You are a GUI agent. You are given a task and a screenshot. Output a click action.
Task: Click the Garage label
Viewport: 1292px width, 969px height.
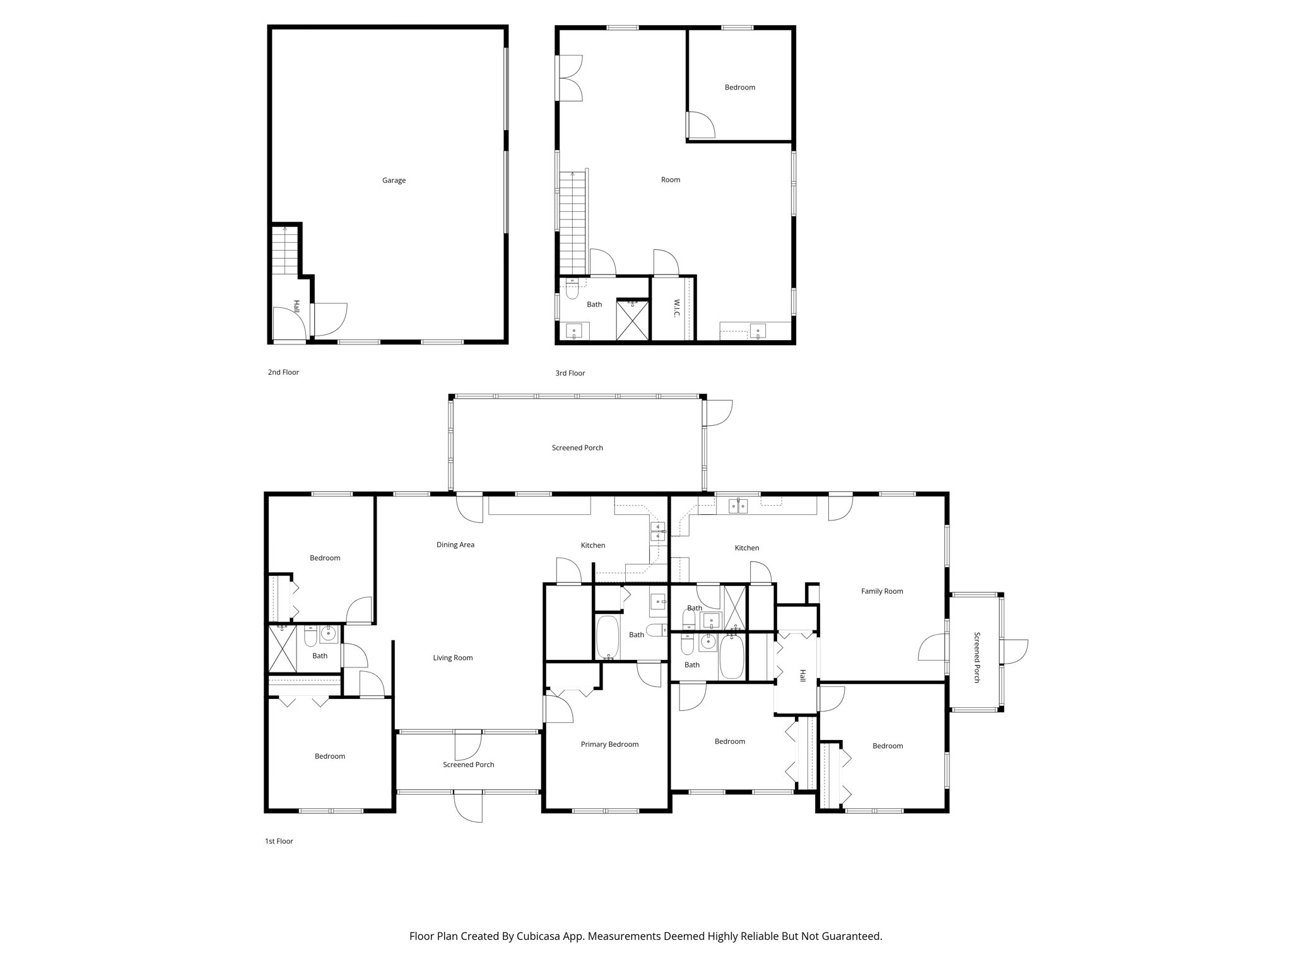(394, 180)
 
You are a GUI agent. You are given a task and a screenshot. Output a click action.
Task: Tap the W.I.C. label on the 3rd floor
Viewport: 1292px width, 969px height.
(676, 308)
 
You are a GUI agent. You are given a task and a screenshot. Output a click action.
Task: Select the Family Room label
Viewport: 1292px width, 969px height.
(882, 591)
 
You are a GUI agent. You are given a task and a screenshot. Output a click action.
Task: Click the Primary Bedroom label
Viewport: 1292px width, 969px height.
(609, 744)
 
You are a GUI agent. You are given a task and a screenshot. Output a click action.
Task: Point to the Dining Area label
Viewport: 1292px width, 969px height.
(455, 544)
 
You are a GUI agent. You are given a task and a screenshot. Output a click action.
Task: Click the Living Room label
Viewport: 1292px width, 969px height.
(452, 657)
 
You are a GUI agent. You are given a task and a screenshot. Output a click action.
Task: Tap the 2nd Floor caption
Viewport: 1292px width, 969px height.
(283, 372)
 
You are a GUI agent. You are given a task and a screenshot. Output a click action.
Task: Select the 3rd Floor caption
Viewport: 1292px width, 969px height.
(570, 373)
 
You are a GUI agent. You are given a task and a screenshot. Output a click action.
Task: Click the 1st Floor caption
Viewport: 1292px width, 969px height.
(279, 841)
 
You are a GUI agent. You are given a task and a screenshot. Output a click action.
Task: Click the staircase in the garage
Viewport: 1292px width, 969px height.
(285, 250)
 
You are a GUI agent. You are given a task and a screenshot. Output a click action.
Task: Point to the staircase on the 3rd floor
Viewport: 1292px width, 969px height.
(573, 221)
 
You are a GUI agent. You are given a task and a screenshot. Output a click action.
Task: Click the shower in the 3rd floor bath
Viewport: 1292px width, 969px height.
(632, 320)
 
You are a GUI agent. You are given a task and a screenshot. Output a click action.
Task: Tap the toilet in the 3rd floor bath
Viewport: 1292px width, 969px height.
(572, 290)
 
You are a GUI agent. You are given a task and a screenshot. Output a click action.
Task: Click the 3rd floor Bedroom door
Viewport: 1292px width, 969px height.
(700, 125)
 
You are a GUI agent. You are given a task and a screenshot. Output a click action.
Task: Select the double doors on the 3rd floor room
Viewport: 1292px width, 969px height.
(570, 78)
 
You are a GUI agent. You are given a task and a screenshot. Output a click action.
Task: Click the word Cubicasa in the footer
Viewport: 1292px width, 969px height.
(539, 936)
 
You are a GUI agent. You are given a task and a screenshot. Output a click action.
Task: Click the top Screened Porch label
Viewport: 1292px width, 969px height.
(577, 448)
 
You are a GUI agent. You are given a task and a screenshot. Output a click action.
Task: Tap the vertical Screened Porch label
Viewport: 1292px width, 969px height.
(977, 657)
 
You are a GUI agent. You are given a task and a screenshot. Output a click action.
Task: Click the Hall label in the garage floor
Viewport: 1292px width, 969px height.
(296, 307)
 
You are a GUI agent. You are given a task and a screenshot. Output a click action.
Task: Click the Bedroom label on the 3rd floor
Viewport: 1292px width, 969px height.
(739, 88)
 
